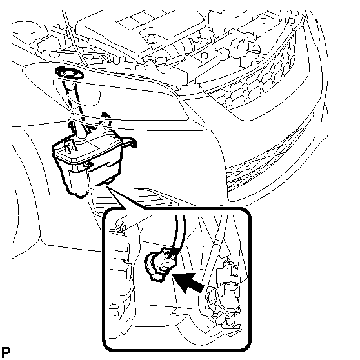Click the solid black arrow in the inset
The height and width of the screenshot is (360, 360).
188,283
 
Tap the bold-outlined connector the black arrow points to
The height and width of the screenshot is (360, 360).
159,264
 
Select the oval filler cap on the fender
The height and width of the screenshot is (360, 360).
69,74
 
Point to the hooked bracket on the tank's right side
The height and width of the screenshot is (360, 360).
130,142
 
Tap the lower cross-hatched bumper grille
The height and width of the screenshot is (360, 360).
264,161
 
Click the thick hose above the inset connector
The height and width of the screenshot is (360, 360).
180,232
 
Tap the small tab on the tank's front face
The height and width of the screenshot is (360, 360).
88,164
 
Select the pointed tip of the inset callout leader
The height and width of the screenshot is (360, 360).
106,186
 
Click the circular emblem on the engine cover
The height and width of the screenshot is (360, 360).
151,39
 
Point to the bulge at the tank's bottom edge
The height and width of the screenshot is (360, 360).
111,180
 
